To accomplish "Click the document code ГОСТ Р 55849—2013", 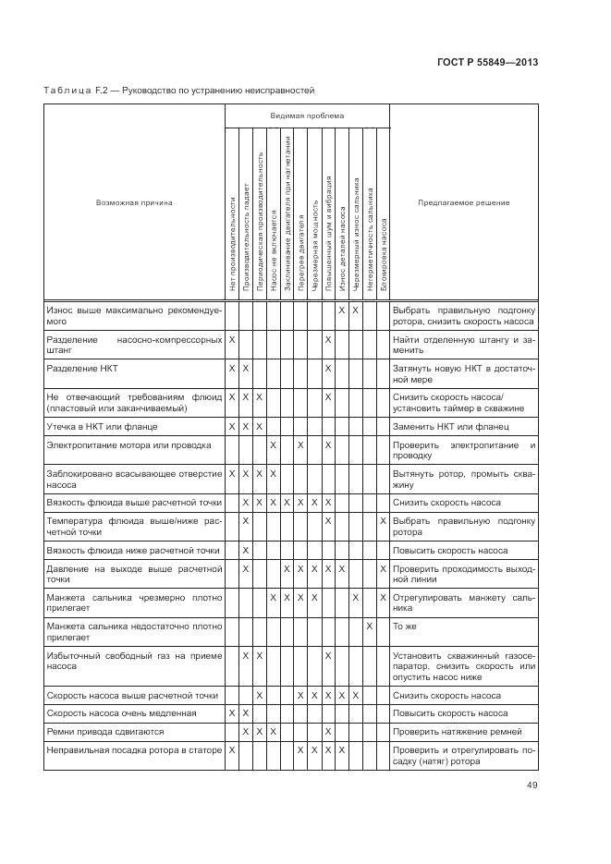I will [487, 62].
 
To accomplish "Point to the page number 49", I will [532, 785].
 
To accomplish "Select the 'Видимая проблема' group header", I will [307, 116].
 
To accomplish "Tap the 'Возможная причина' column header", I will [134, 201].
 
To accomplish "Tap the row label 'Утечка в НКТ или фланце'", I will [102, 427].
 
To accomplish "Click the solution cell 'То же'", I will [404, 627].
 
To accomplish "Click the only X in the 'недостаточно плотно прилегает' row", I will [369, 627].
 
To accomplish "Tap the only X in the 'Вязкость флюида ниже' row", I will [246, 551].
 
